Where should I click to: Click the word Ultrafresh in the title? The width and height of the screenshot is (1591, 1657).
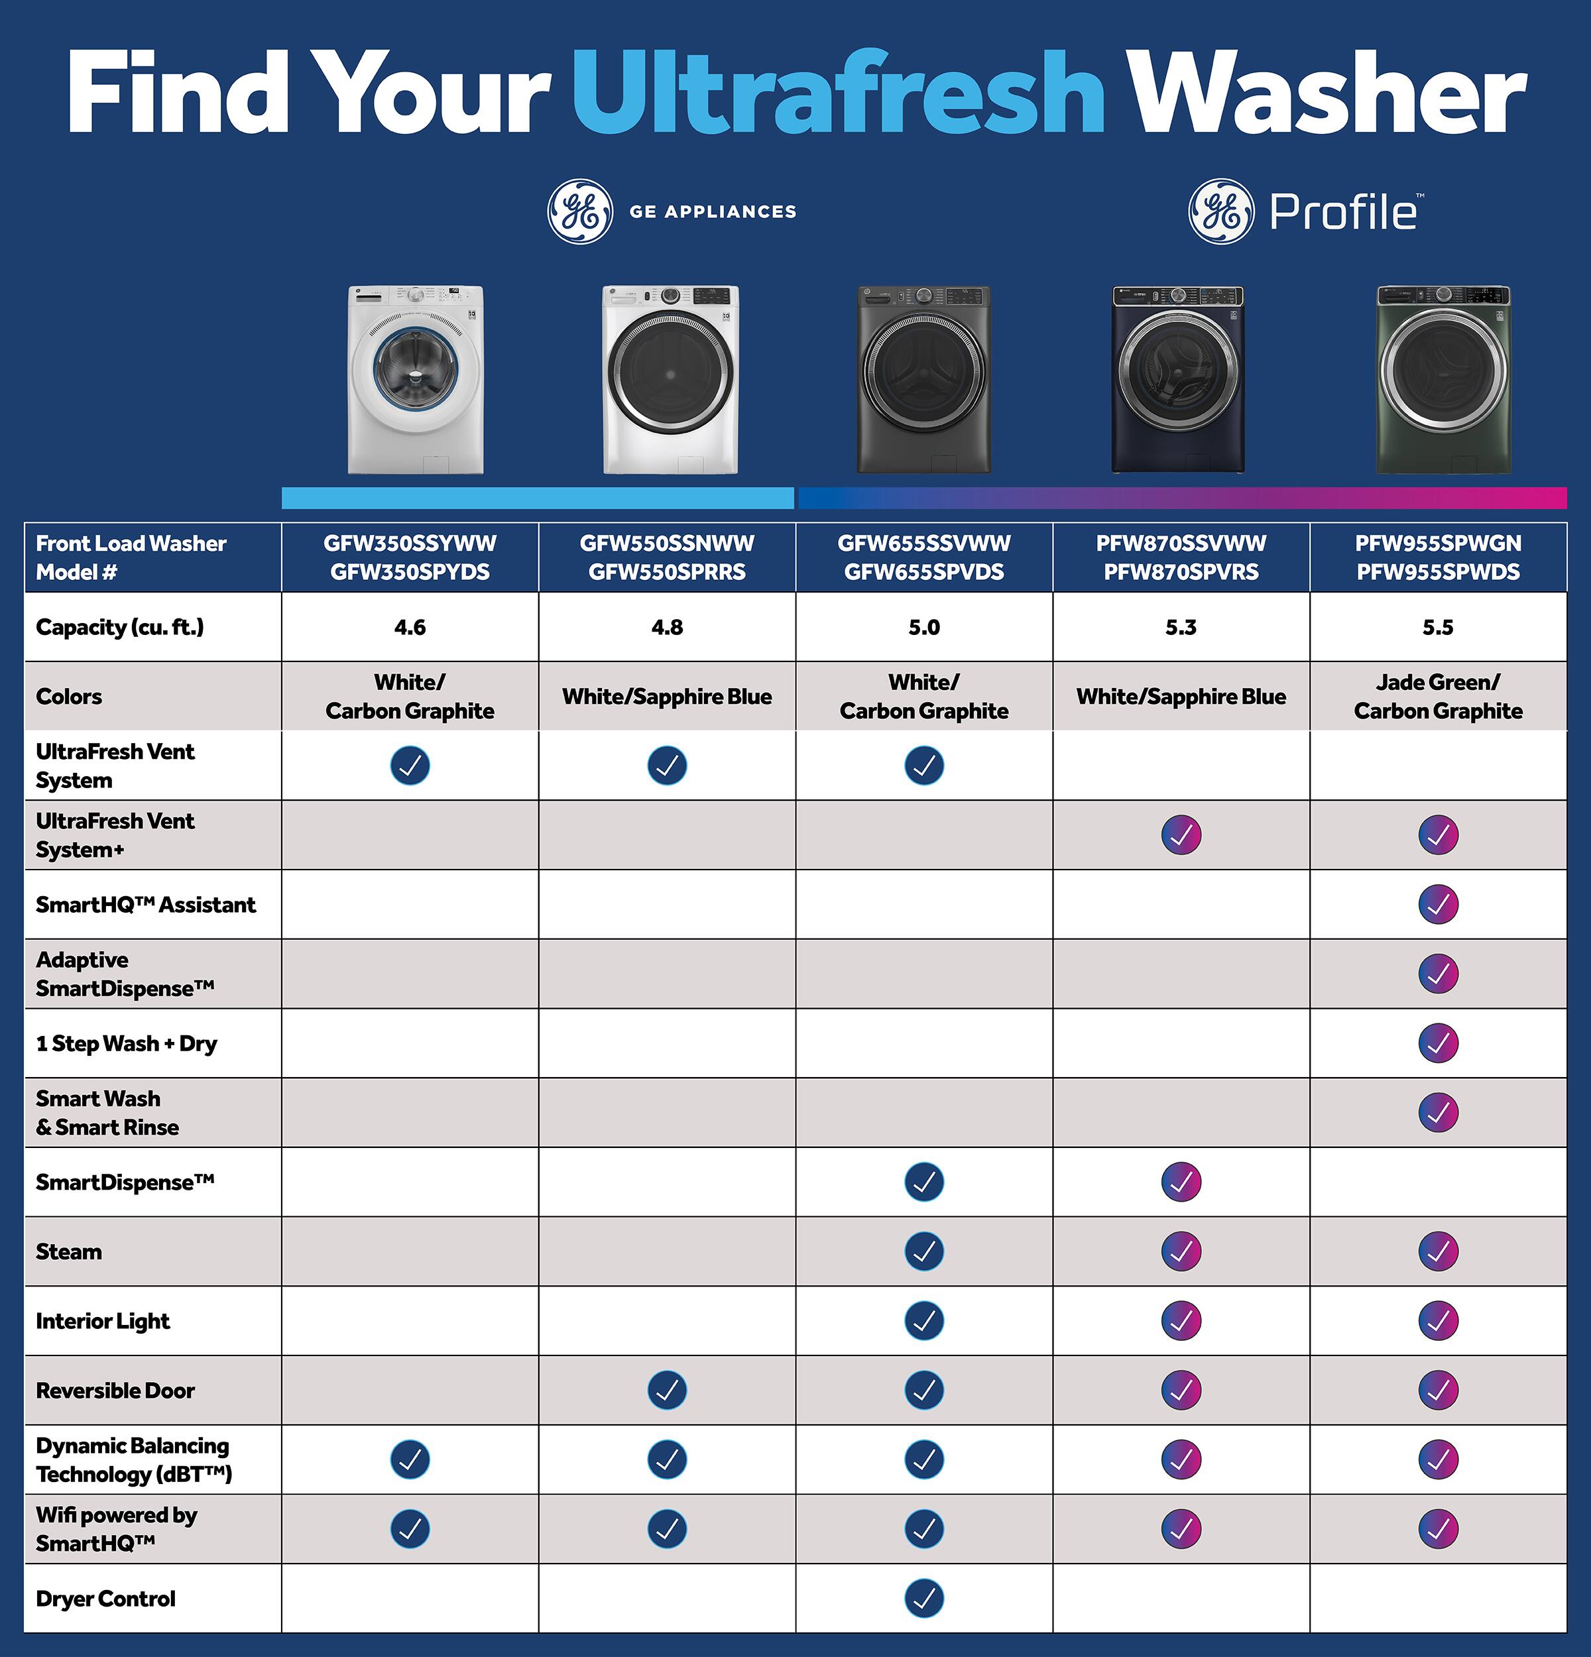point(837,93)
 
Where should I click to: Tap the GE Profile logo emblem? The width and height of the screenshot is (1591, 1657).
point(1220,211)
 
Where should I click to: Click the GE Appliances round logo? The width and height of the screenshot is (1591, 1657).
point(580,211)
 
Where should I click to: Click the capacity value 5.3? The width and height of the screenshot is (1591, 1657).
point(1181,627)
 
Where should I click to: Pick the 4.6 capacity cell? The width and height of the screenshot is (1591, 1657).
point(410,627)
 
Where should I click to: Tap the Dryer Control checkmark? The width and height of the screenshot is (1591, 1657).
point(924,1598)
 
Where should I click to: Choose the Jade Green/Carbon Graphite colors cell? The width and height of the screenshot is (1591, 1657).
point(1438,697)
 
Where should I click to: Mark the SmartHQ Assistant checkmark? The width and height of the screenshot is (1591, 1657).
point(1438,905)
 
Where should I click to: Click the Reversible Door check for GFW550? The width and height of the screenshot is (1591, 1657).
point(667,1390)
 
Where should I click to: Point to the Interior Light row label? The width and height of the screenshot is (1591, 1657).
point(102,1320)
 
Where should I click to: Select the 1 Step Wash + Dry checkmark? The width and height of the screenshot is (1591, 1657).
point(1438,1043)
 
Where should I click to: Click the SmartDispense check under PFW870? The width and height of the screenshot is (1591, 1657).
point(1181,1182)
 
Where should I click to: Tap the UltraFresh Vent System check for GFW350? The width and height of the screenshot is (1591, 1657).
point(410,766)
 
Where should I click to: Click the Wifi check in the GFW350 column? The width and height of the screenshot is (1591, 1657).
point(410,1528)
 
